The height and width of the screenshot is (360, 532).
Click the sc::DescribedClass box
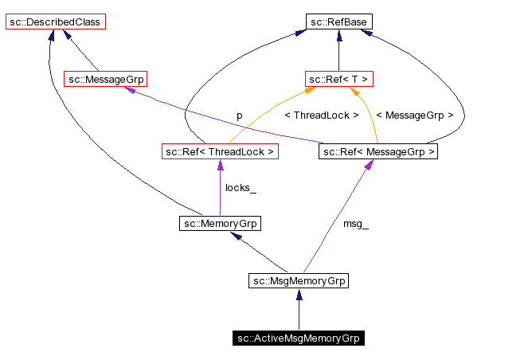[55, 22]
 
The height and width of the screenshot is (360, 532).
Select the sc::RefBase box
[338, 22]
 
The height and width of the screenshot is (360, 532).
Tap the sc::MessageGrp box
[105, 79]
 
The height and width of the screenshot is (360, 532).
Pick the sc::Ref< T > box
[338, 79]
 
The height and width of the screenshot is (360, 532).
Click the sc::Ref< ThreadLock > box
[220, 151]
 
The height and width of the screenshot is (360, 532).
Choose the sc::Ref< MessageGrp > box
[378, 151]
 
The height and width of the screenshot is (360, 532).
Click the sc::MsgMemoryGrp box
[299, 280]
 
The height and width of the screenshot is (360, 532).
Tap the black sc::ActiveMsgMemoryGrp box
[299, 338]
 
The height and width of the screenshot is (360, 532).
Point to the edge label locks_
[240, 188]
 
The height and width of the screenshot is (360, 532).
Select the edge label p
[239, 115]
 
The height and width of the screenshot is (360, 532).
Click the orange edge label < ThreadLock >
[321, 115]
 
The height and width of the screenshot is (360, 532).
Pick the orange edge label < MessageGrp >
[414, 115]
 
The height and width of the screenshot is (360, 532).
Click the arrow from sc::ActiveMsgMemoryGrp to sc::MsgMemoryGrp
[299, 310]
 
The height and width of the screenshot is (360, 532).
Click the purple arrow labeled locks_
[220, 187]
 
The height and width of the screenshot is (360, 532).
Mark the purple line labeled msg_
[334, 215]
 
